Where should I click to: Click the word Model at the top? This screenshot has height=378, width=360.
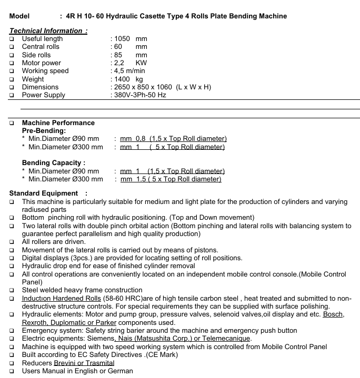(19, 16)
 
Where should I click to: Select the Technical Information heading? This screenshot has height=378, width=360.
(48, 31)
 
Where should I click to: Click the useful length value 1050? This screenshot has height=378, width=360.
(122, 39)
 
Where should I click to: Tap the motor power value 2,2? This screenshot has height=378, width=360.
(119, 63)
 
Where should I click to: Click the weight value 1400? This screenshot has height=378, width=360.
(122, 79)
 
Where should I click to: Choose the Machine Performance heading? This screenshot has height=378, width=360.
(58, 123)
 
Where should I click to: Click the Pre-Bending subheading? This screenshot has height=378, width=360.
(44, 130)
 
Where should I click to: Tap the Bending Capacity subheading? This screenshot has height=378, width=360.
(54, 163)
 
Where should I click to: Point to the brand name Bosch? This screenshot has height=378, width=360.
(334, 314)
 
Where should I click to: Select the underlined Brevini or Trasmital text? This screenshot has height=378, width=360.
(84, 363)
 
